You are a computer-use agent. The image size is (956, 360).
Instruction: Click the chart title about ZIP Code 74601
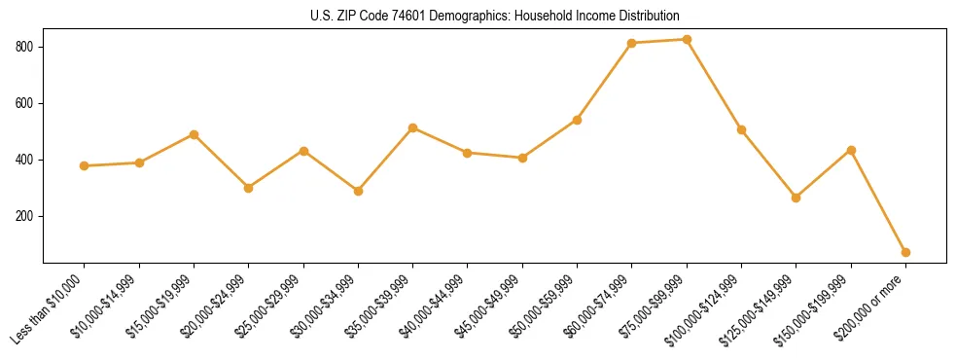495,16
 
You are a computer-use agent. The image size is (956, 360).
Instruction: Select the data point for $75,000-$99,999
687,40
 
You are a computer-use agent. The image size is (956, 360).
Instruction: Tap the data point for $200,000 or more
905,252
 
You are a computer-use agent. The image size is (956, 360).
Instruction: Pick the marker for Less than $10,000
85,165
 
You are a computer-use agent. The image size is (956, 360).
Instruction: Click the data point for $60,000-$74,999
632,43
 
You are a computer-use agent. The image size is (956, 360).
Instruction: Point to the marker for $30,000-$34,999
358,191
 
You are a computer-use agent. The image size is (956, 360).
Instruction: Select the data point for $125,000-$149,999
797,198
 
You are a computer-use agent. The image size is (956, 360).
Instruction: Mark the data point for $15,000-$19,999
194,134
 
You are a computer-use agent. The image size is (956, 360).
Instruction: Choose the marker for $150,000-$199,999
851,150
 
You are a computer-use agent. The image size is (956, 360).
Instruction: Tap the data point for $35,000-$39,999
413,127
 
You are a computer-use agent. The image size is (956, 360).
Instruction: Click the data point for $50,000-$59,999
577,120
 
